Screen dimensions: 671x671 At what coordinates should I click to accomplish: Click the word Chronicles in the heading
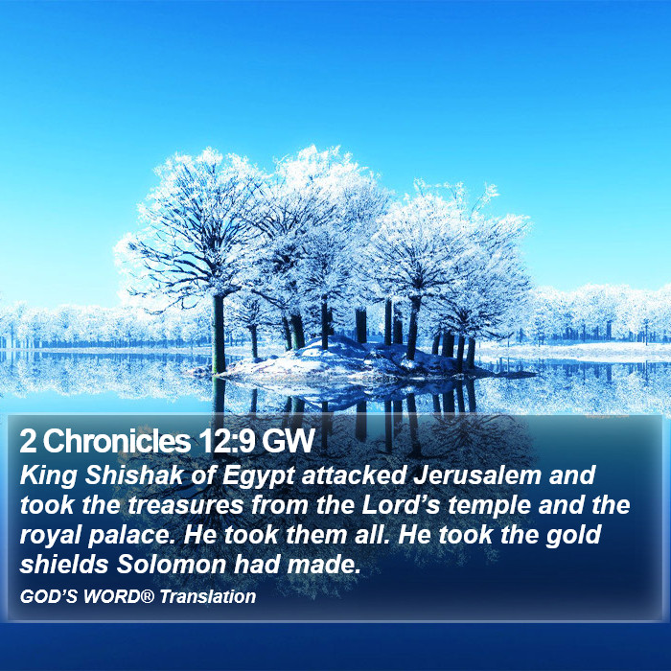[x=116, y=441]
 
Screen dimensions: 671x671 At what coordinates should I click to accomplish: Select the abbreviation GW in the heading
[x=289, y=441]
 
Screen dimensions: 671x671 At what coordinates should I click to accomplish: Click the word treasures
[x=185, y=505]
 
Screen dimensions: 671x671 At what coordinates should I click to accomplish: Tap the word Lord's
[x=402, y=505]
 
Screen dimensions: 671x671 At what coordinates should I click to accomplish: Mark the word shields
[x=64, y=565]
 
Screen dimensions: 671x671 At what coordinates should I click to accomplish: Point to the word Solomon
[x=172, y=565]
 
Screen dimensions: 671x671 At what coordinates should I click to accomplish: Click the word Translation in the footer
[x=208, y=596]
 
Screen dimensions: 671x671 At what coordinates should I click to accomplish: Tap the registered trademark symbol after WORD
[x=148, y=595]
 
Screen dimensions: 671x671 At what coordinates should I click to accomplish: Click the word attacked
[x=355, y=475]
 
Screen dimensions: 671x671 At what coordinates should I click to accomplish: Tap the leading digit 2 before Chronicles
[x=28, y=441]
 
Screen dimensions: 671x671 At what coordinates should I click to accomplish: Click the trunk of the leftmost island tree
[x=219, y=334]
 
